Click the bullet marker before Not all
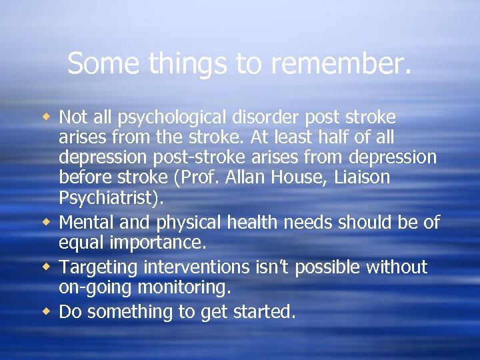click(47, 118)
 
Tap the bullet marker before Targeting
click(47, 268)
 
